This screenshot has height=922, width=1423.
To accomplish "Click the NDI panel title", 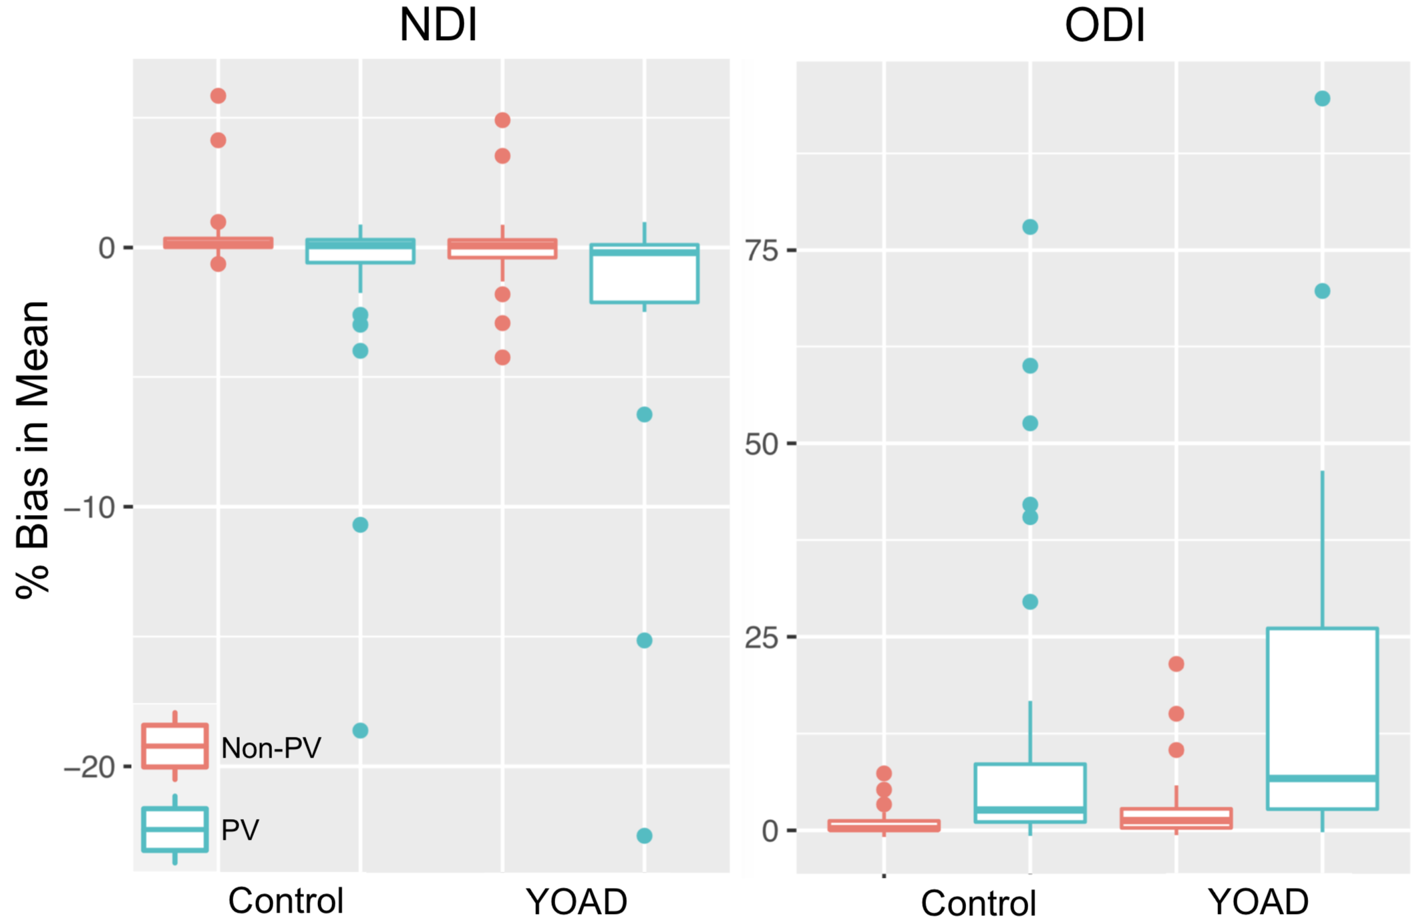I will coord(438,25).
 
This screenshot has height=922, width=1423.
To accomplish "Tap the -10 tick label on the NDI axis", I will coord(90,508).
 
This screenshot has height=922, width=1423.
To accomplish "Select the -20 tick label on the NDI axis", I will coord(90,767).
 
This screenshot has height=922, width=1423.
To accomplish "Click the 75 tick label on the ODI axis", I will coord(762,251).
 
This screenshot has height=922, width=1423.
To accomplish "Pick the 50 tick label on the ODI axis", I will coord(762,444).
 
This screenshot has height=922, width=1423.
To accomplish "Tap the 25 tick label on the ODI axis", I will coord(762,637).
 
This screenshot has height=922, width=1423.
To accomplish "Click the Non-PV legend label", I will coord(271,748).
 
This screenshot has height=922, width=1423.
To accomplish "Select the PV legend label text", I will coord(240,830).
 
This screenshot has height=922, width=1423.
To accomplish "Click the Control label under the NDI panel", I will coord(286,901).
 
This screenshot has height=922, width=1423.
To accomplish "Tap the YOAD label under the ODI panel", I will coord(1258,902).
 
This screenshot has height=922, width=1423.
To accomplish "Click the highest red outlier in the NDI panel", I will coord(218,96).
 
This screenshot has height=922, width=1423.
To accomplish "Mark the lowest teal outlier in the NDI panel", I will coord(644,836).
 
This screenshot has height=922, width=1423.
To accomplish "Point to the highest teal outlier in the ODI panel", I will coord(1322,99).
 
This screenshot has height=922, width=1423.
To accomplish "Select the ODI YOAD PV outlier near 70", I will coord(1322,291).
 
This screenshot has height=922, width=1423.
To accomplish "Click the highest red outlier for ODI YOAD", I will coord(1176,664).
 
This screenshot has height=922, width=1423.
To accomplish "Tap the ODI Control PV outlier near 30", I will coord(1030,602).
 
